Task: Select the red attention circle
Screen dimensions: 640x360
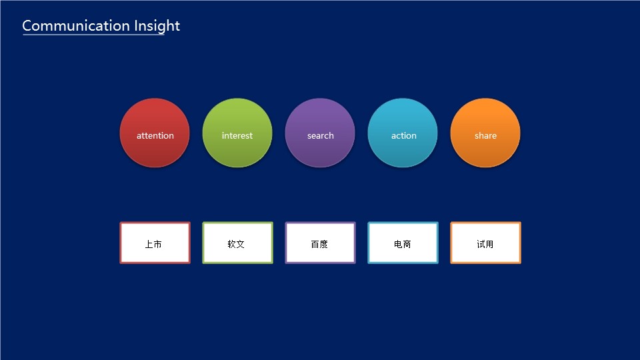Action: [155, 133]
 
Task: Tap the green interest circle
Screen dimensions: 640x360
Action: [237, 133]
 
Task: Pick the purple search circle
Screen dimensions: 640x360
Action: [320, 133]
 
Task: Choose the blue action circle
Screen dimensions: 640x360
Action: [403, 133]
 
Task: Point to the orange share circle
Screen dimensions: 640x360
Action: [485, 133]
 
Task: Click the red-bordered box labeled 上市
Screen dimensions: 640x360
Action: [155, 243]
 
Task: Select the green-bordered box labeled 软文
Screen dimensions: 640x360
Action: [237, 243]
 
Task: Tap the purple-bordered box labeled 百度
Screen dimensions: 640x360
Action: [321, 243]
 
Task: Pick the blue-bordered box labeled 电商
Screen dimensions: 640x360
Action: [403, 243]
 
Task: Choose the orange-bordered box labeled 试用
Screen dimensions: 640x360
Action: [486, 243]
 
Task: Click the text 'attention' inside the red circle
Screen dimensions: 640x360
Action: [155, 135]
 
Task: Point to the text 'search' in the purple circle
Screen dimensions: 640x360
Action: [321, 135]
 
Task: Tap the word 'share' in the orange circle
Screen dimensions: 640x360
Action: [485, 135]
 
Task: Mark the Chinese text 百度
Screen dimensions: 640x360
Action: [319, 244]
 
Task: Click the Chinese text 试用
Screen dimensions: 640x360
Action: [485, 244]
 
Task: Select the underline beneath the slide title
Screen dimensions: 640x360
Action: [93, 35]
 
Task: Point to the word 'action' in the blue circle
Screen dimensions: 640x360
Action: [404, 135]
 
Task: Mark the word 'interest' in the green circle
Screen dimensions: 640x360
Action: [237, 135]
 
